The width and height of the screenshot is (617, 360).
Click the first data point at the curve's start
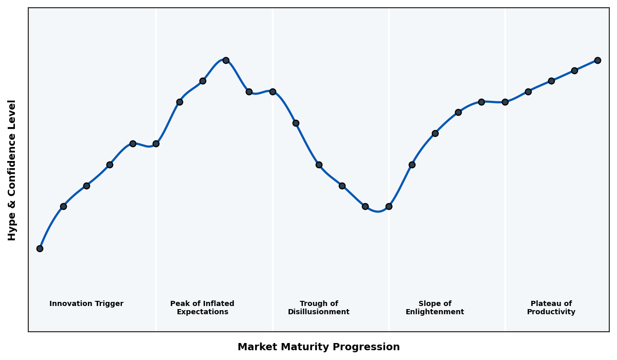(x=40, y=248)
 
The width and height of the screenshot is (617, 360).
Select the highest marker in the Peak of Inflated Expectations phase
(x=226, y=60)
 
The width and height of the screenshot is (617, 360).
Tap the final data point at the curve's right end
(x=597, y=60)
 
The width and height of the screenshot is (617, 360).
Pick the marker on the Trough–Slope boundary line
(x=389, y=206)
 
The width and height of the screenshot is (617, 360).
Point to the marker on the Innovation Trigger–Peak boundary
(x=156, y=143)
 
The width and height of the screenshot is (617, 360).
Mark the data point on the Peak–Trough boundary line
(x=273, y=92)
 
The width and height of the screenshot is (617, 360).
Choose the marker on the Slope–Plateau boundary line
(x=505, y=102)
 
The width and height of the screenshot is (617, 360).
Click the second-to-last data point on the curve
(x=574, y=70)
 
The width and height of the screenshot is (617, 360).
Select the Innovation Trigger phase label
(x=86, y=304)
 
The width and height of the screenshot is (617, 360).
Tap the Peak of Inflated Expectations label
(x=202, y=308)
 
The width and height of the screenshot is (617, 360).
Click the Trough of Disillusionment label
(x=319, y=308)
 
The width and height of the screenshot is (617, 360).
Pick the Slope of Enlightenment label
(x=435, y=308)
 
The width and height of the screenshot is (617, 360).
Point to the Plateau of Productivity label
(x=551, y=308)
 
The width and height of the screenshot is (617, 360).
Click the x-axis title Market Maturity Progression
(x=319, y=347)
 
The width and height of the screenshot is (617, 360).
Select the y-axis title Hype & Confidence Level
(x=12, y=170)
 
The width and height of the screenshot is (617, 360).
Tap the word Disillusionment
(x=319, y=312)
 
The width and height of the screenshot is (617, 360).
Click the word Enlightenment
(x=435, y=312)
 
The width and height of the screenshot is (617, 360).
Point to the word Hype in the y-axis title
(x=12, y=228)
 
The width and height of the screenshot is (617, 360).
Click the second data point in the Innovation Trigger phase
(x=63, y=206)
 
